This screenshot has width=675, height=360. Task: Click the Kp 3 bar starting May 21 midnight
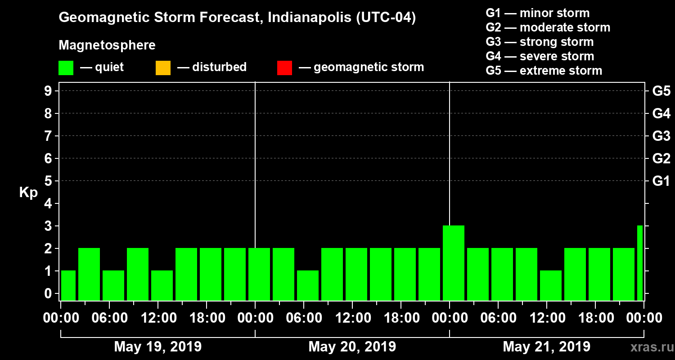(453, 263)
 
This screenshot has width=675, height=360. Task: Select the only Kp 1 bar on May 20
(307, 285)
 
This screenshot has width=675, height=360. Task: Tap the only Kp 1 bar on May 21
(550, 285)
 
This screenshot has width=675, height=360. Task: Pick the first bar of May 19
(68, 285)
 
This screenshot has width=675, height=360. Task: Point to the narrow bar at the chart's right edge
(639, 263)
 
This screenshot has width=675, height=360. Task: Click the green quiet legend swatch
(66, 67)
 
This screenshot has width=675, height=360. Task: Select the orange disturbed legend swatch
(163, 67)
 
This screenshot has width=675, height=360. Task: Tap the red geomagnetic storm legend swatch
(284, 67)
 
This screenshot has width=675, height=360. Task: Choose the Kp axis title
(28, 193)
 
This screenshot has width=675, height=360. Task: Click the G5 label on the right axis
(661, 91)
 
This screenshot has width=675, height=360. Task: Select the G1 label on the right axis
(661, 181)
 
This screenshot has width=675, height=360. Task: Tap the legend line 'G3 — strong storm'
(540, 42)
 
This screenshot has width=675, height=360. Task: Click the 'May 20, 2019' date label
(352, 346)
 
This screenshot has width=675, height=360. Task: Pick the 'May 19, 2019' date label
(158, 346)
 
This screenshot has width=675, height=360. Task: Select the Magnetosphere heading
(107, 45)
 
